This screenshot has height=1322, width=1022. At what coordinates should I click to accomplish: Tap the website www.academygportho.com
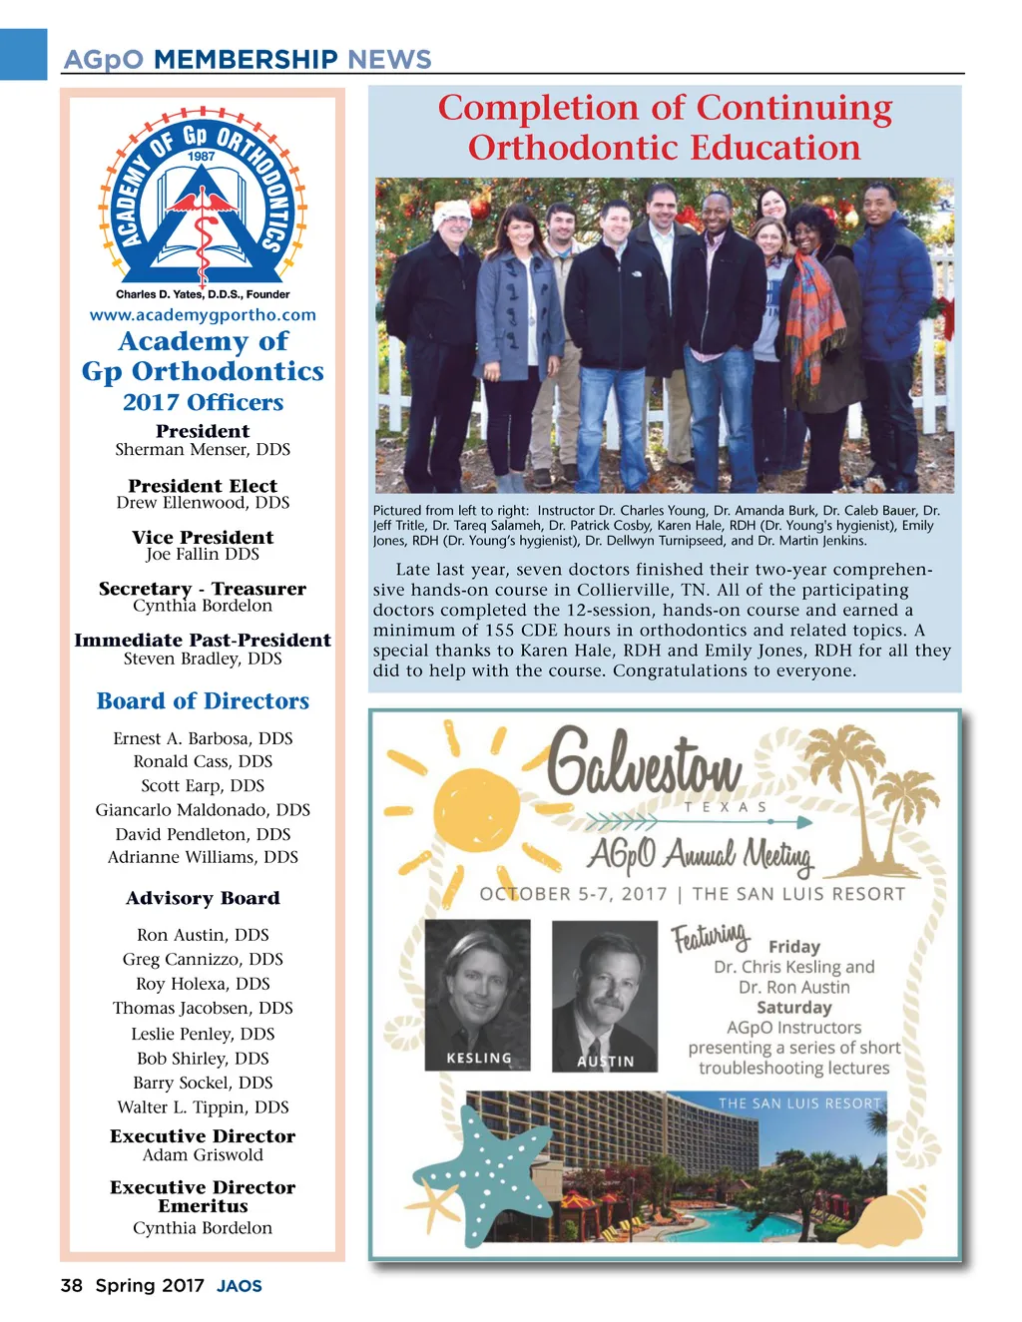pyautogui.click(x=203, y=315)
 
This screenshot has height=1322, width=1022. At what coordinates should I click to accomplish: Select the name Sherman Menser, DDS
pyautogui.click(x=203, y=450)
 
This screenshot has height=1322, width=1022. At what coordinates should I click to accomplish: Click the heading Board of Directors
pyautogui.click(x=203, y=701)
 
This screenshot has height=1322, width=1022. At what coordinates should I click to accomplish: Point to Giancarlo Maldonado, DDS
pyautogui.click(x=203, y=810)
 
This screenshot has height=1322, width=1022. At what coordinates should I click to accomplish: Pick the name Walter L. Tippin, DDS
pyautogui.click(x=203, y=1107)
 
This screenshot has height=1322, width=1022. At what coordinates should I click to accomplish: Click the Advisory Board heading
pyautogui.click(x=203, y=899)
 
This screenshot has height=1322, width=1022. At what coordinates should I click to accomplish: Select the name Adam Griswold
pyautogui.click(x=203, y=1155)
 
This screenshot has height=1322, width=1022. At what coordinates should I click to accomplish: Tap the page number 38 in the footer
pyautogui.click(x=71, y=1286)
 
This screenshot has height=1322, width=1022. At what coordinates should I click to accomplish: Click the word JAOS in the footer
pyautogui.click(x=240, y=1287)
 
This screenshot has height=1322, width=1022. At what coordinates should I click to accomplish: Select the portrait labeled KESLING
pyautogui.click(x=477, y=994)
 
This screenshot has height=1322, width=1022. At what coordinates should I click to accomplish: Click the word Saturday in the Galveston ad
pyautogui.click(x=793, y=1008)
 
